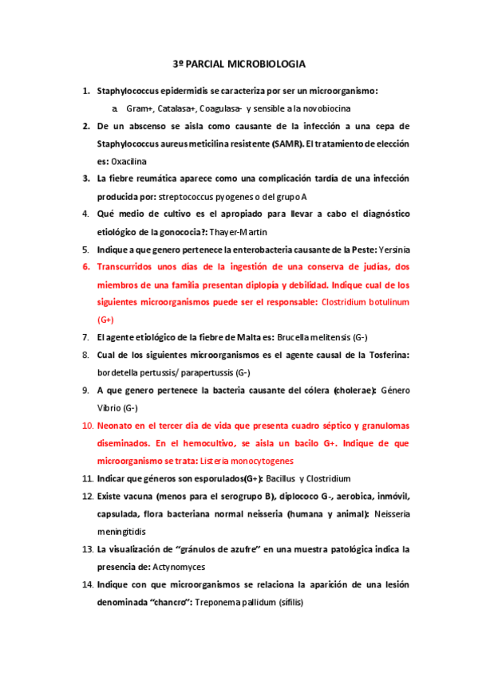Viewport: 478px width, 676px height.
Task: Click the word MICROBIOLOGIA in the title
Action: (267, 63)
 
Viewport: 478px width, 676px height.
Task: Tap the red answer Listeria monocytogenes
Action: (247, 461)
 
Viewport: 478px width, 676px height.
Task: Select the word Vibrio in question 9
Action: (111, 408)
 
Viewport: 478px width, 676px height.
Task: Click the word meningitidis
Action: (121, 531)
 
